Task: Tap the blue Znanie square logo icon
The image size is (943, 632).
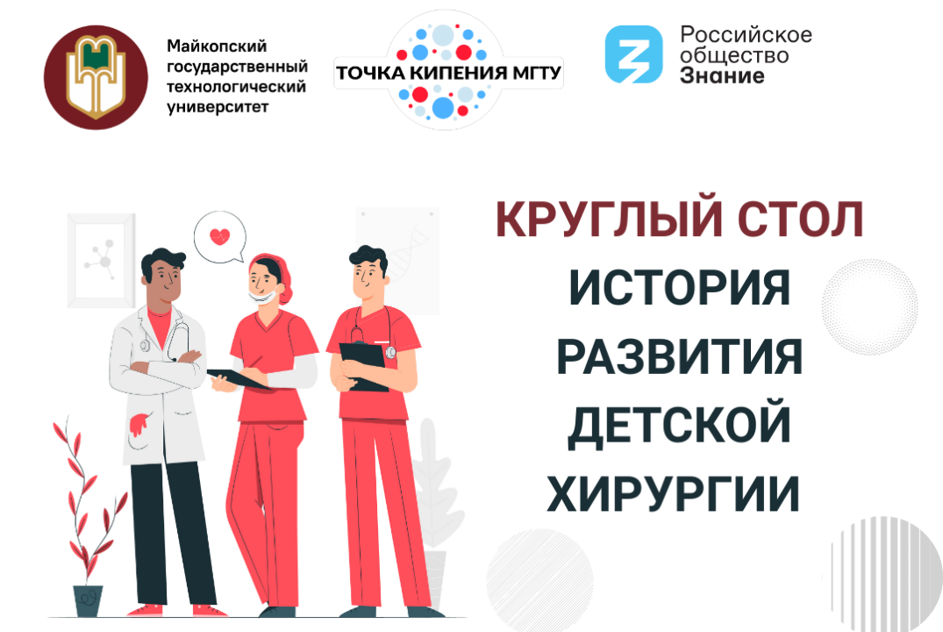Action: tap(633, 54)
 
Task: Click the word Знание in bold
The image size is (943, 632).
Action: tap(722, 75)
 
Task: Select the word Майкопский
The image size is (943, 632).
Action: tap(215, 47)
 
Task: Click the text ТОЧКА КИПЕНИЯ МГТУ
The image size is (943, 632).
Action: tap(448, 72)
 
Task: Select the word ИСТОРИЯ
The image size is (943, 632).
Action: tap(679, 288)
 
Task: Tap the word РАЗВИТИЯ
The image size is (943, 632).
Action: tap(679, 357)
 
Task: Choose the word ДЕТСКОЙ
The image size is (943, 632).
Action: tap(679, 426)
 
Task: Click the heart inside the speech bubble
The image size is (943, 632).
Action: tap(219, 236)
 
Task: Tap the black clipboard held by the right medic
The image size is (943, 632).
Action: tap(362, 364)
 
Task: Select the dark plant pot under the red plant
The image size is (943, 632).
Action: tap(88, 600)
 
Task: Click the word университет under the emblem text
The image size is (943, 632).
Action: tap(218, 107)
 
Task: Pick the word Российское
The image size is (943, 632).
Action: tap(746, 35)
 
